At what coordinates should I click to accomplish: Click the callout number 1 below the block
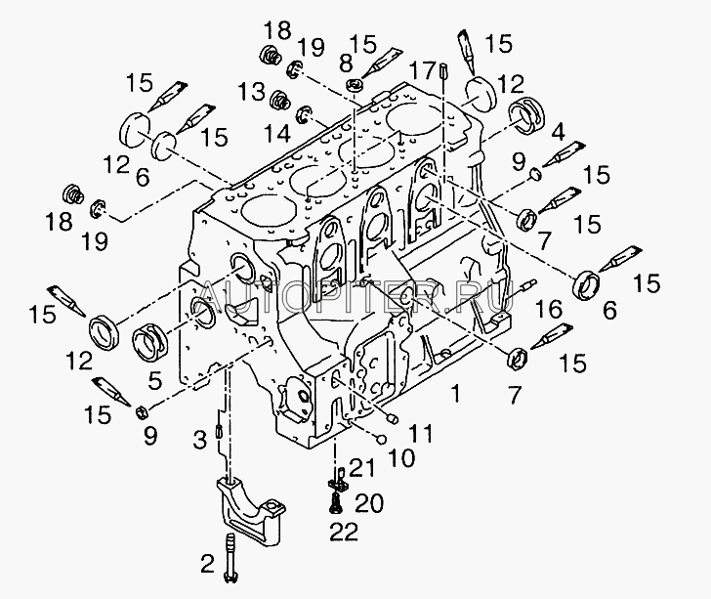click(x=456, y=393)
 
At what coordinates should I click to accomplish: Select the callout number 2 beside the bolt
click(x=207, y=564)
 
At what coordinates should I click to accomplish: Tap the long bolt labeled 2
click(x=231, y=557)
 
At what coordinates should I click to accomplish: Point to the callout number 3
click(x=200, y=440)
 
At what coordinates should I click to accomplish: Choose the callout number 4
click(x=559, y=132)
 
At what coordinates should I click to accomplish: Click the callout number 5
click(x=154, y=381)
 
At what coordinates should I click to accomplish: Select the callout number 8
click(x=346, y=64)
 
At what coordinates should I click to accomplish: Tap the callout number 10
click(x=401, y=458)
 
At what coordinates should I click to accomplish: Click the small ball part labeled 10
click(x=381, y=439)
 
